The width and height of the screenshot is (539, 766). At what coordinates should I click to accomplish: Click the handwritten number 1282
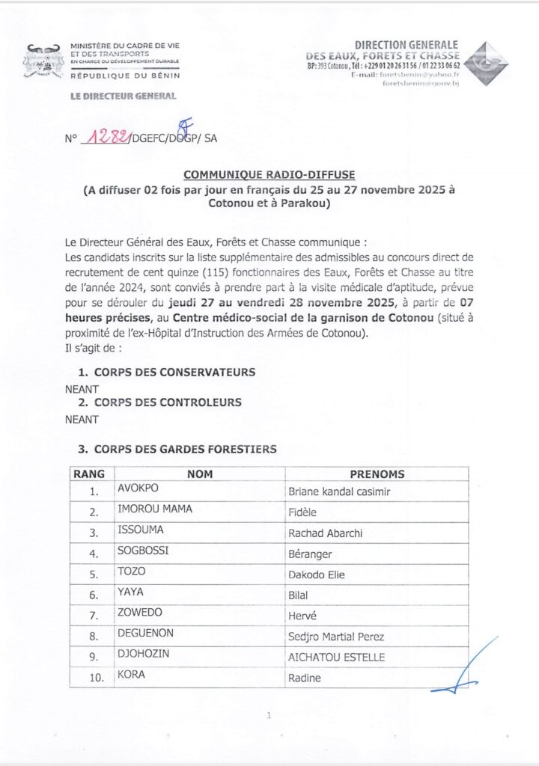106,136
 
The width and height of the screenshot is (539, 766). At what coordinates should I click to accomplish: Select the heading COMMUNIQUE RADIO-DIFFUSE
269,174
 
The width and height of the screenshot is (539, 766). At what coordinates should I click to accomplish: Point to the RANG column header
89,474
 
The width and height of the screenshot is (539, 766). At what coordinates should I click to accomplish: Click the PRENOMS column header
377,474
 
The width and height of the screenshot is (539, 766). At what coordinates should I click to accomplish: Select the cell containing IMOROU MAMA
155,509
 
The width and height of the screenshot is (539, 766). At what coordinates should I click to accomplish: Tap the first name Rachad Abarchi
323,534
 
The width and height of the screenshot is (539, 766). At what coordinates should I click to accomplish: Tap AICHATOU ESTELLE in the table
337,658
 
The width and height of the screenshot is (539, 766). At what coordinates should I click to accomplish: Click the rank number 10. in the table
93,678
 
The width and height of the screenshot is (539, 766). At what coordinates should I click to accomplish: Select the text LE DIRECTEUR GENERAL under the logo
123,96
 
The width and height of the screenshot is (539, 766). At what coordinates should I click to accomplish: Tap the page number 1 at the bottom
268,716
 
